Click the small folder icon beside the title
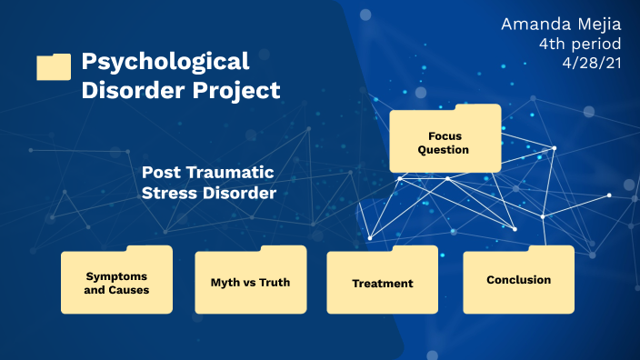[x=54, y=66]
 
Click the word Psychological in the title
[x=165, y=62]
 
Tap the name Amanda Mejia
[x=561, y=24]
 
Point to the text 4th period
[x=583, y=44]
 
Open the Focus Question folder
[x=445, y=140]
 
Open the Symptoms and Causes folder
[x=116, y=282]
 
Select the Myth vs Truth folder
[x=250, y=282]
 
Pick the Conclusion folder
[x=518, y=280]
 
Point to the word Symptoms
[x=116, y=275]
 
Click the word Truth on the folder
[x=274, y=282]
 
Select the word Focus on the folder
[x=444, y=135]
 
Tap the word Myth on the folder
[x=214, y=282]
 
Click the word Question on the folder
[x=444, y=149]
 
